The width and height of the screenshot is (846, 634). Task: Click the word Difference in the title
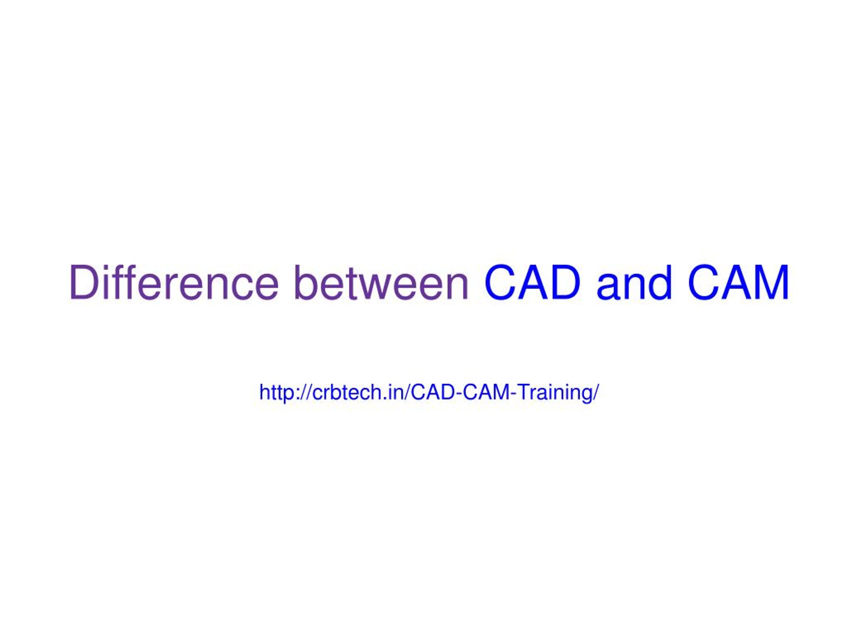click(x=174, y=282)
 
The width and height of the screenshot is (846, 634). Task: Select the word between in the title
click(x=381, y=282)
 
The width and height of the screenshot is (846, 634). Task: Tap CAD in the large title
click(x=532, y=282)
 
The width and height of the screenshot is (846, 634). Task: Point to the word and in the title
click(x=634, y=282)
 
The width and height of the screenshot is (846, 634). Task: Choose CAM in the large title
click(x=739, y=282)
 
